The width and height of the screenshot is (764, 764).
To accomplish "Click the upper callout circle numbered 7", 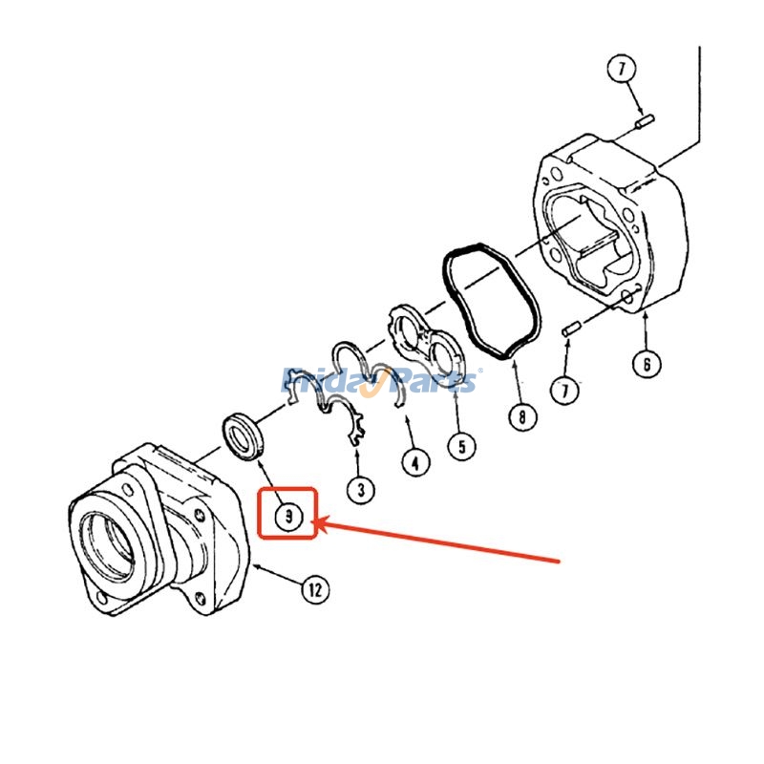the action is tap(622, 68).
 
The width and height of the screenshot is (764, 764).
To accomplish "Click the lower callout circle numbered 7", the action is tap(565, 390).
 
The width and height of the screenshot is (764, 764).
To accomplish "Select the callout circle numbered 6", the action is tap(647, 364).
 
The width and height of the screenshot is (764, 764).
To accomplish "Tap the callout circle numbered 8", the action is tap(522, 416).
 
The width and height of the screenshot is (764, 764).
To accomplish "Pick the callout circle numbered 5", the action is tap(462, 446).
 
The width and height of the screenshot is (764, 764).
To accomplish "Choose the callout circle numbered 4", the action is tap(415, 462).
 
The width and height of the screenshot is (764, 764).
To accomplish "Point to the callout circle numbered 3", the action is tap(361, 490).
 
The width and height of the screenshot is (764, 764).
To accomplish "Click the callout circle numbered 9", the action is tap(288, 516).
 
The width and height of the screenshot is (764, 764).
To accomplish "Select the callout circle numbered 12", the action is tap(315, 589).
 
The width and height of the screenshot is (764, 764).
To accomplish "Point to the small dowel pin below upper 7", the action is tap(645, 121).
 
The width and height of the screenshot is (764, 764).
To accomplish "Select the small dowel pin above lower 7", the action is tap(570, 329).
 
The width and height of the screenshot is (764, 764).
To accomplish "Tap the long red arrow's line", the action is tap(437, 541).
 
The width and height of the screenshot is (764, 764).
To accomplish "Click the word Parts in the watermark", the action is tap(433, 380).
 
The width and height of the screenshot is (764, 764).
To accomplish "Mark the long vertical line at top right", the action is tap(700, 95).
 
